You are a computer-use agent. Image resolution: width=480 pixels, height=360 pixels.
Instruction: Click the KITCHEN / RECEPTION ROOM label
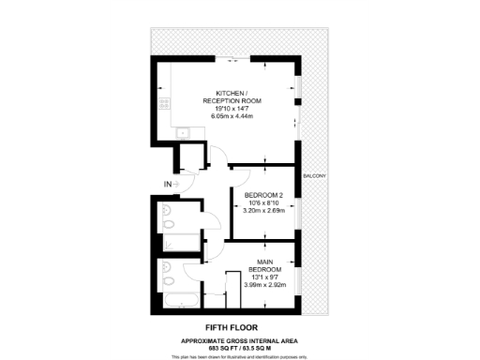(232, 97)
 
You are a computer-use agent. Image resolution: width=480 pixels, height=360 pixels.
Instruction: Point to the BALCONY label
(314, 177)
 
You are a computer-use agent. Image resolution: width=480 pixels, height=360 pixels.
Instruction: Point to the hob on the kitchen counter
(162, 103)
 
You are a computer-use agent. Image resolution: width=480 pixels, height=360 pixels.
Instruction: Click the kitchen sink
(163, 132)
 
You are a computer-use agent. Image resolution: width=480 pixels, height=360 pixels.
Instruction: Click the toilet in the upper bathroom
(165, 221)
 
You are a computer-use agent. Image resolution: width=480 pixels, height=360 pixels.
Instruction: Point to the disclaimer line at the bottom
(240, 356)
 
